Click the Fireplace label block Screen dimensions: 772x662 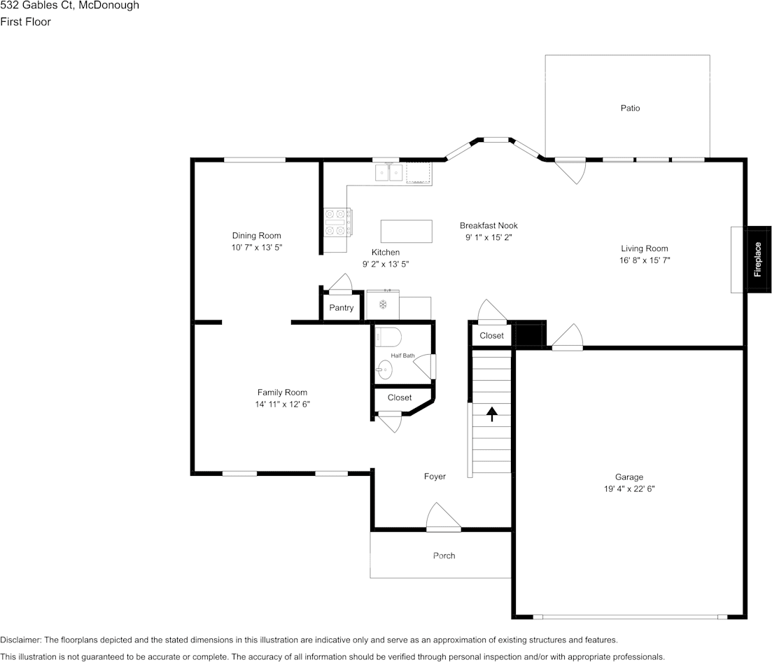[759, 260]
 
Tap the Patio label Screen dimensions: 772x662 [630, 108]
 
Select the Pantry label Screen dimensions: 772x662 [341, 308]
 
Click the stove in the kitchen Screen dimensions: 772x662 [337, 223]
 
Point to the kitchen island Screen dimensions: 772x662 [406, 232]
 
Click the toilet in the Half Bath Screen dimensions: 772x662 [388, 337]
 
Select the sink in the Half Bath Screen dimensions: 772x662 [384, 369]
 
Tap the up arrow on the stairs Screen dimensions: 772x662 [492, 414]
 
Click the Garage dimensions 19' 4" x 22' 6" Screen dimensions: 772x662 [629, 489]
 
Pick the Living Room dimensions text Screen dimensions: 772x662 [645, 260]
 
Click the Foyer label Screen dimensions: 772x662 [435, 477]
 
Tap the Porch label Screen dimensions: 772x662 [444, 556]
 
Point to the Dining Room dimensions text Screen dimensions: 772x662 [256, 248]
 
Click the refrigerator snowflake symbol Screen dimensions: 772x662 [383, 304]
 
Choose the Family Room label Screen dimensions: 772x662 [282, 393]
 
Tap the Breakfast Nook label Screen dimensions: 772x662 [489, 225]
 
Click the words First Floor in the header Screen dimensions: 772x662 [26, 22]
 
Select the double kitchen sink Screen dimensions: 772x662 [389, 173]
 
